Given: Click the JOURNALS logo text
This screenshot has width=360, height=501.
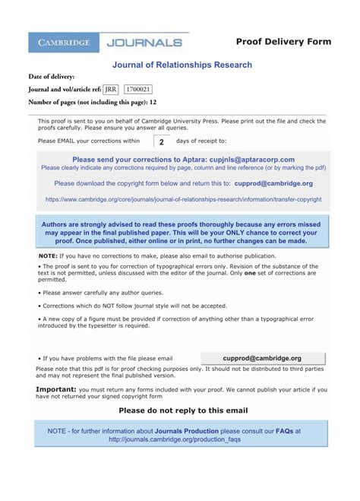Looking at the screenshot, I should tap(144, 43).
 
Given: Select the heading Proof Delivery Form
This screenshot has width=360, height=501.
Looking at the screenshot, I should tap(283, 42).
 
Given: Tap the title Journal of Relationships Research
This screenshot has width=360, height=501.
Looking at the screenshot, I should tap(182, 65).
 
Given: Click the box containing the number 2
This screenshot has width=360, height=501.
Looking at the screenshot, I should tap(161, 141).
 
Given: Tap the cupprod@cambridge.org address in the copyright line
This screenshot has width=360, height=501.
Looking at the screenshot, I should tap(273, 183).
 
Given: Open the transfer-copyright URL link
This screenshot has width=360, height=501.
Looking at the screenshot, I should tap(183, 199).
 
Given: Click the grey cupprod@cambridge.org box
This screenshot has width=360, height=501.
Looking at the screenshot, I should tap(262, 358).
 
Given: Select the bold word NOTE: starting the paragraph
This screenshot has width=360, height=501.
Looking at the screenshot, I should tap(48, 257).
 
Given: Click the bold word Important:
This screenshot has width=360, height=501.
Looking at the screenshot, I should tap(55, 388).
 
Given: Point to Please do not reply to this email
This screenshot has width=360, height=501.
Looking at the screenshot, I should tap(183, 410).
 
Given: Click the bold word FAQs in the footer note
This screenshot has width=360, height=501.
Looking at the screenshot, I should tap(285, 430).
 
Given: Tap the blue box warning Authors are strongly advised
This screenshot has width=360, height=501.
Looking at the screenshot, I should tap(182, 230).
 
